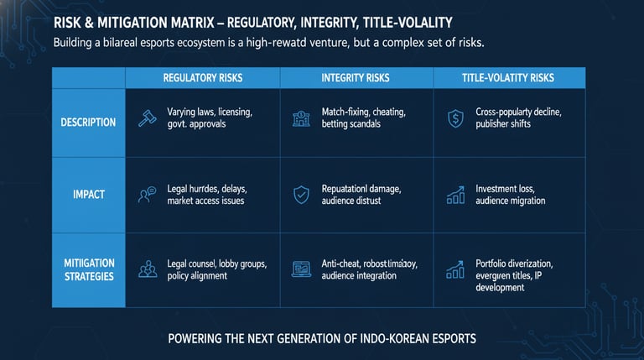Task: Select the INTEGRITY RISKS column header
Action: coord(356,78)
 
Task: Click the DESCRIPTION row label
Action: coord(88,123)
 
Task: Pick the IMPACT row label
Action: coord(88,195)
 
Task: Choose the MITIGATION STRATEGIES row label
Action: coord(88,269)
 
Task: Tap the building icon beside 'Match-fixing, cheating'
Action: coord(301,118)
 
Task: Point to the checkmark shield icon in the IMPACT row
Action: coord(301,196)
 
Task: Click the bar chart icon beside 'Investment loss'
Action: coord(455,196)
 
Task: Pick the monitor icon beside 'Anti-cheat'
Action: coord(301,269)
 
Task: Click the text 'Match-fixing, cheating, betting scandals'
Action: coord(362,117)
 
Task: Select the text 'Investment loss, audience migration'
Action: coord(510,195)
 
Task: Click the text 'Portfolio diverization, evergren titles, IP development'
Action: coord(513,275)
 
